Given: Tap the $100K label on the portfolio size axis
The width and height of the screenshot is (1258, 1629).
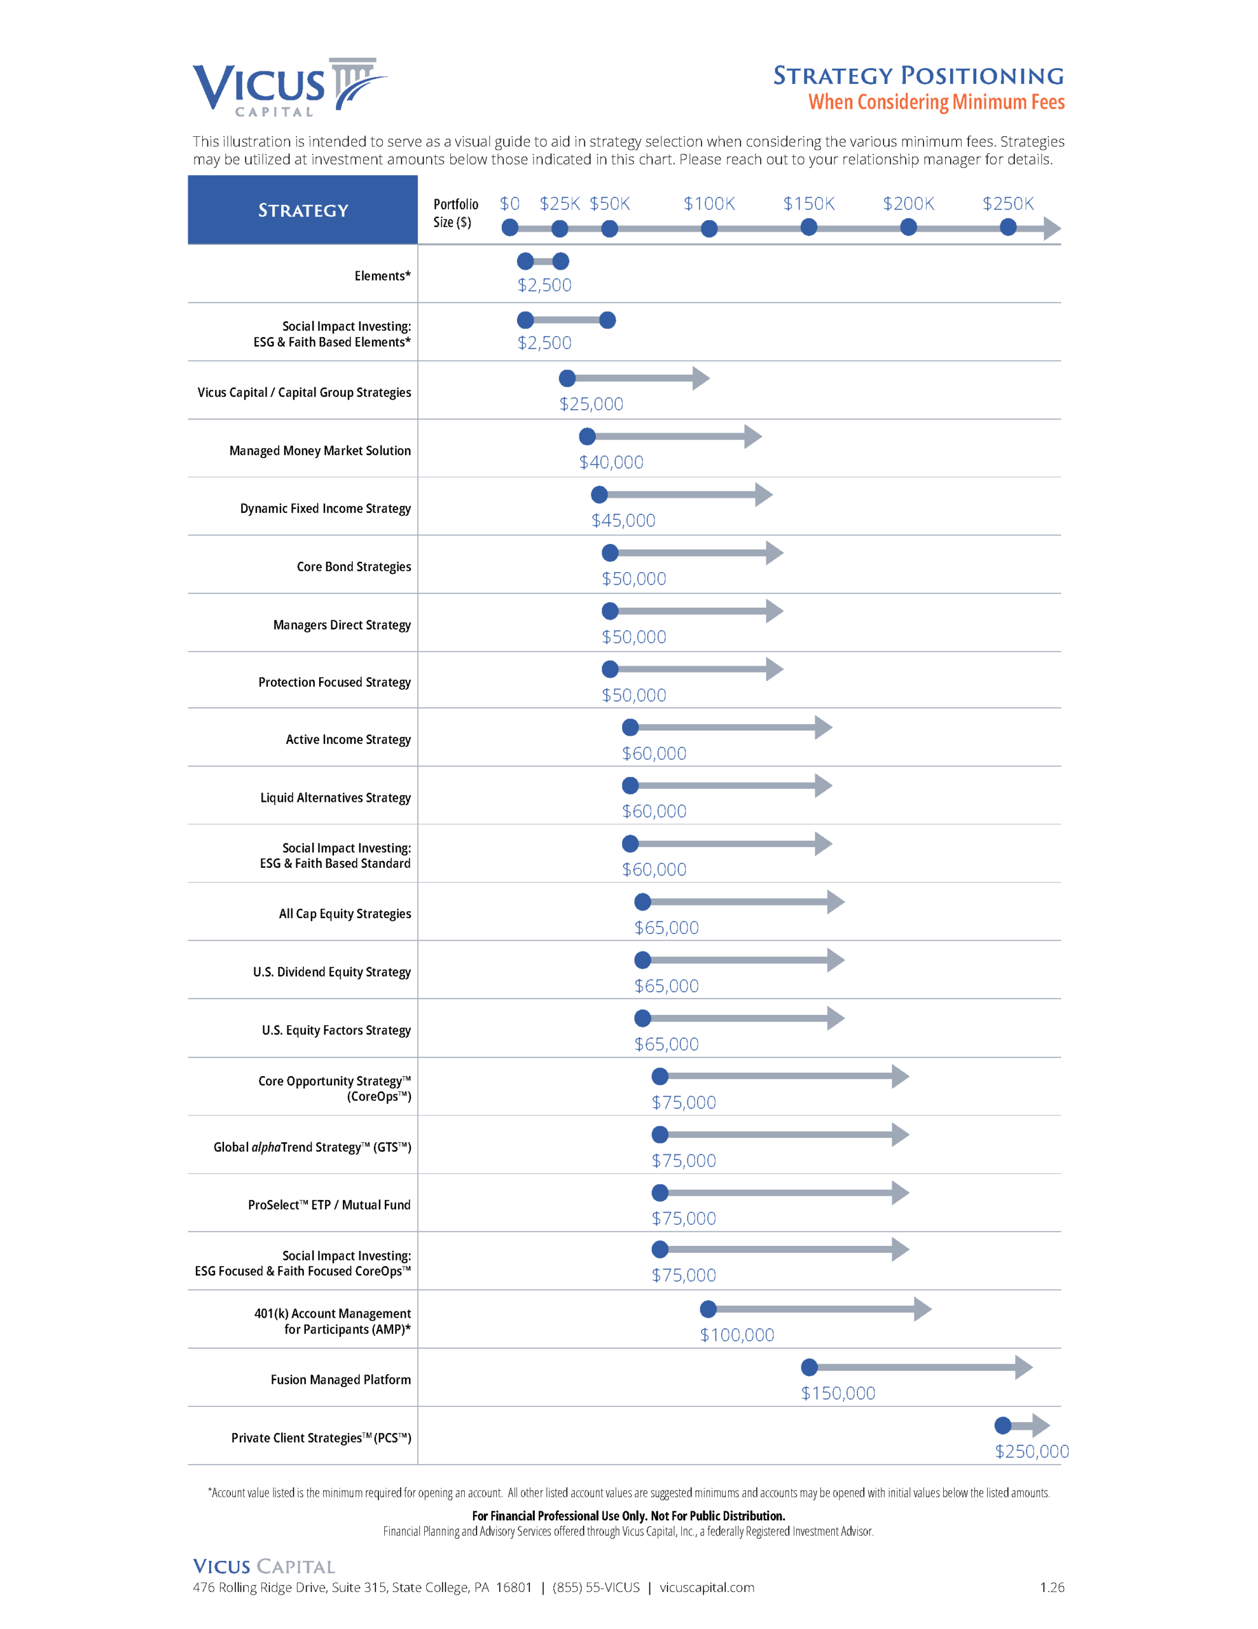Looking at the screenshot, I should click(x=708, y=204).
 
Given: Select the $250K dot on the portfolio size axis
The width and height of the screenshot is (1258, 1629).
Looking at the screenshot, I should click(x=1007, y=228).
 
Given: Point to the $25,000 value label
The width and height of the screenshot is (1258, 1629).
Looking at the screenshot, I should click(x=591, y=404).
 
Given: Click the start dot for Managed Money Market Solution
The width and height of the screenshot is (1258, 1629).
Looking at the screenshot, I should click(x=588, y=437).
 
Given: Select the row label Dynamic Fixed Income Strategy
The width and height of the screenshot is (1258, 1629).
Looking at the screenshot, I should click(x=325, y=508).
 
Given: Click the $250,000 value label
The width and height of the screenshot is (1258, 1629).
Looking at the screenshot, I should click(x=1032, y=1451).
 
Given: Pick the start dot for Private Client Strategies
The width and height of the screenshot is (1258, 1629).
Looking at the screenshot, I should click(x=1003, y=1425).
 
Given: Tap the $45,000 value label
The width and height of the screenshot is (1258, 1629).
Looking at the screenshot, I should click(x=623, y=521).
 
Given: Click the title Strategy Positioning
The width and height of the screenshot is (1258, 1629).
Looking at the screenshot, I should click(x=918, y=75).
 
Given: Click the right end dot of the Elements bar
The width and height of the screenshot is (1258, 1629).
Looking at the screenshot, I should click(x=561, y=261).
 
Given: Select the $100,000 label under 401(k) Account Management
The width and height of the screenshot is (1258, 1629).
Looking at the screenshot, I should click(x=736, y=1335).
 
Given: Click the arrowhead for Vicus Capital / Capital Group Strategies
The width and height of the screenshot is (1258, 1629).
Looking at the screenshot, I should click(x=700, y=378).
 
